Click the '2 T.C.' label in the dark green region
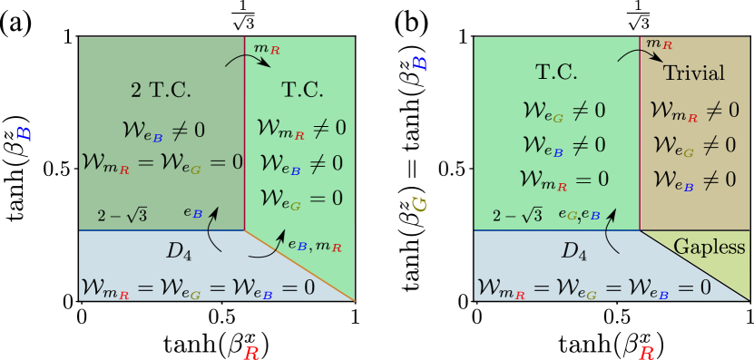(x=162, y=90)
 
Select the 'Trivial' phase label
(x=694, y=73)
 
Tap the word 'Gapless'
(x=710, y=247)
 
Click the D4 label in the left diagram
(x=179, y=250)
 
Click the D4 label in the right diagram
(x=573, y=250)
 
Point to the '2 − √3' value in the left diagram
(x=122, y=215)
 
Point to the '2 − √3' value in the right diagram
(x=517, y=215)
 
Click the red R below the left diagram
(x=251, y=353)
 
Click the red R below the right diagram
(x=646, y=353)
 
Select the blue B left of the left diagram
(x=24, y=133)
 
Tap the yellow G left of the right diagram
(x=419, y=205)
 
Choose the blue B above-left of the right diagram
(x=419, y=63)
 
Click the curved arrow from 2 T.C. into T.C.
(x=248, y=58)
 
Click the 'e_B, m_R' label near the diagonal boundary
(x=314, y=244)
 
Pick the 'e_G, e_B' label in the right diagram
(x=578, y=215)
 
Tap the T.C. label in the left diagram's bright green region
(x=302, y=90)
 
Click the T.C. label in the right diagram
(x=556, y=73)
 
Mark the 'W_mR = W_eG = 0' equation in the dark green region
(x=162, y=162)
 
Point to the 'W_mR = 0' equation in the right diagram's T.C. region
(x=563, y=179)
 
